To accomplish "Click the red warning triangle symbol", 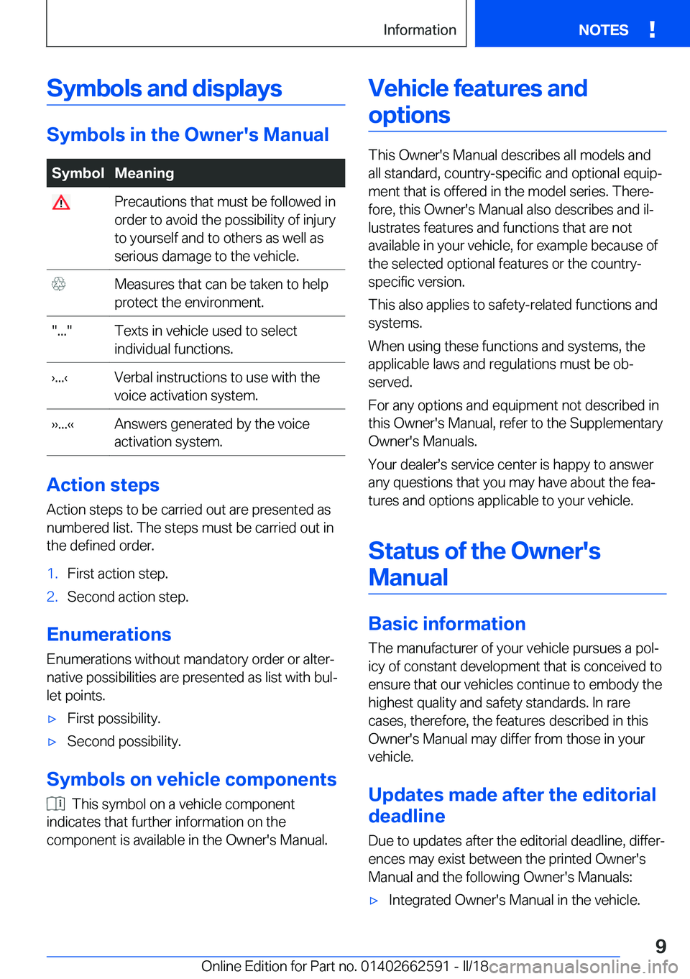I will [61, 203].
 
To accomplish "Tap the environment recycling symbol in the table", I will [59, 284].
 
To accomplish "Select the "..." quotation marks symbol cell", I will [62, 331].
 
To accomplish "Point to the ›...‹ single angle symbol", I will [60, 378].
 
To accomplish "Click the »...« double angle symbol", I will [63, 425].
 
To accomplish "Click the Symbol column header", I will [78, 173].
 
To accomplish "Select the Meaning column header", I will [144, 173].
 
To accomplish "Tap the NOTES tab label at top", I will [603, 30].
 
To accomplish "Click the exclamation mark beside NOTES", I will [652, 29].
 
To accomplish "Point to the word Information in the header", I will [420, 30].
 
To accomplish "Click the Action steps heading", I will [103, 485].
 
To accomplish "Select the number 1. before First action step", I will [52, 574].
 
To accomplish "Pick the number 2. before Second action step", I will [52, 597].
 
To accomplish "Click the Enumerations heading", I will [109, 635].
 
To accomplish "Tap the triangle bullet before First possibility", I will [52, 719].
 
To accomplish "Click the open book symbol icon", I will [56, 804].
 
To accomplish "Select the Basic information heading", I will [446, 624].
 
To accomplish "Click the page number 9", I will [661, 946].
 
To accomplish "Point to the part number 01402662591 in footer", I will [405, 966].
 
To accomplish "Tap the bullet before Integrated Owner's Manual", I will [374, 901].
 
